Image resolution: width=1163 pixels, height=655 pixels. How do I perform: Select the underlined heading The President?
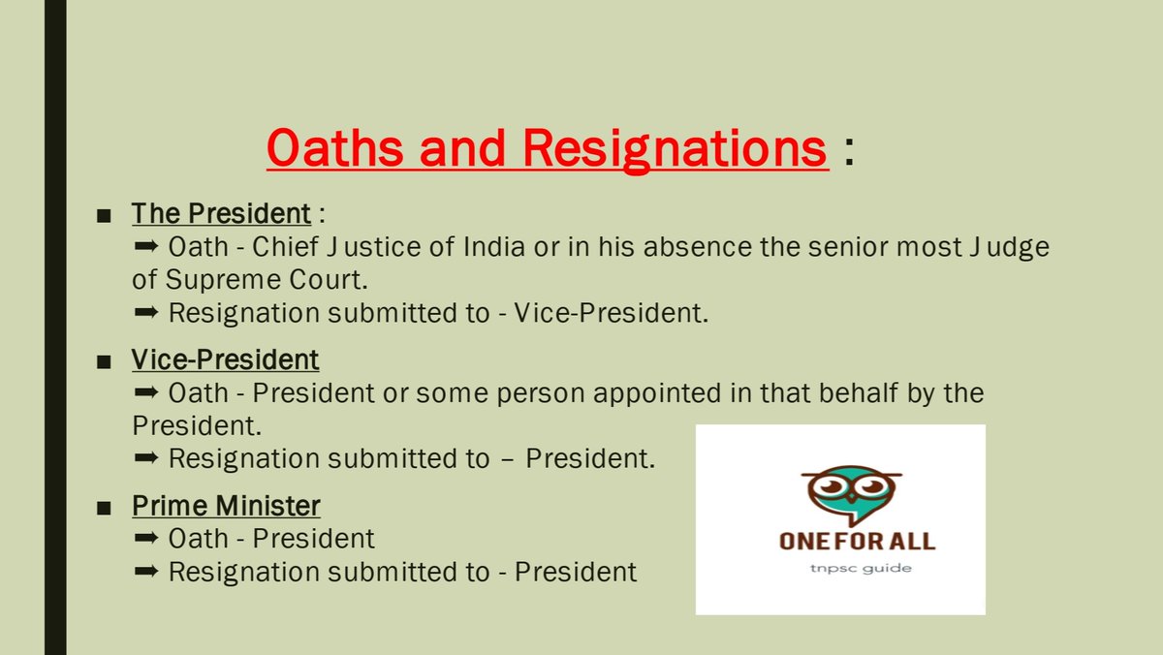click(221, 214)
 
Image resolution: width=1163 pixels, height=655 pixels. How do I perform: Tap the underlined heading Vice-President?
click(225, 360)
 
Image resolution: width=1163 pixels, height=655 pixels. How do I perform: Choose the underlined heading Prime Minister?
click(225, 506)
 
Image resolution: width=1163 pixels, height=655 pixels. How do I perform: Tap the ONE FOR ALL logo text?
click(841, 541)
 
